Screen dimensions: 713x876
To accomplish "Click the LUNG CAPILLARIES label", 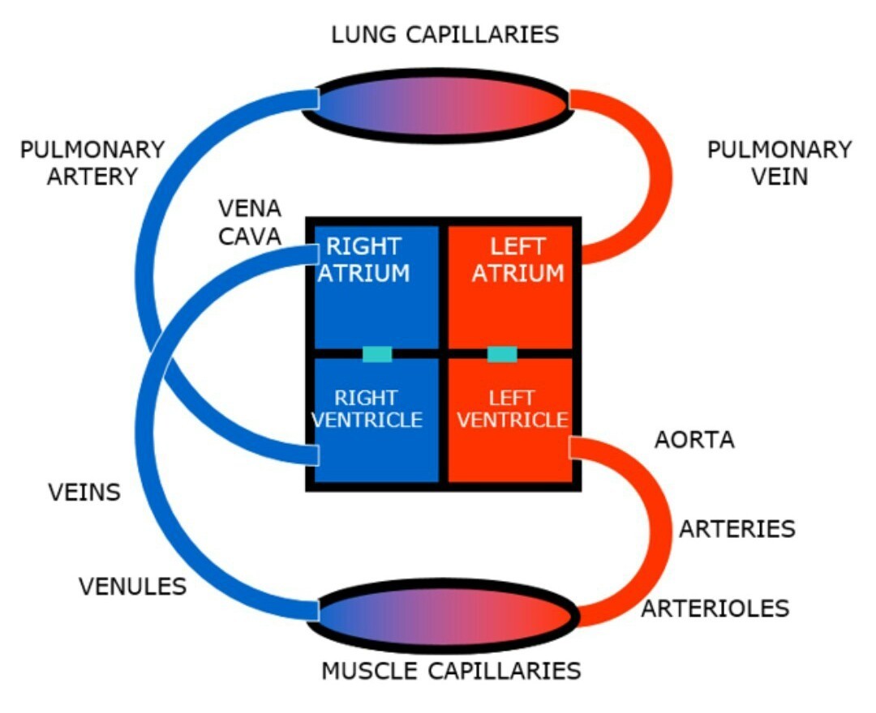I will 444,35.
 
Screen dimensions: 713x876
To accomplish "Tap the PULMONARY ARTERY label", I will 92,163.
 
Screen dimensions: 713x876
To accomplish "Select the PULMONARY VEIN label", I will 779,163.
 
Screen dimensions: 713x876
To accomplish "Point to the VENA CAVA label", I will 250,222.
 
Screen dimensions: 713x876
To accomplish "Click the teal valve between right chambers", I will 377,354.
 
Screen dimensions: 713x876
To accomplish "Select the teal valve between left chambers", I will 502,354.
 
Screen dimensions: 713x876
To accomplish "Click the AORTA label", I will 694,440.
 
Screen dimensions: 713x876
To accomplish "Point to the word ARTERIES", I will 736,529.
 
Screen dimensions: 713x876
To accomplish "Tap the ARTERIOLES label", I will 715,608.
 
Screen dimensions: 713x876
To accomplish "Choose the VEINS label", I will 84,492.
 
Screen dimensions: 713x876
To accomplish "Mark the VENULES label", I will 132,587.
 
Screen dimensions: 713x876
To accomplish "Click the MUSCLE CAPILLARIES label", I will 451,671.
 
